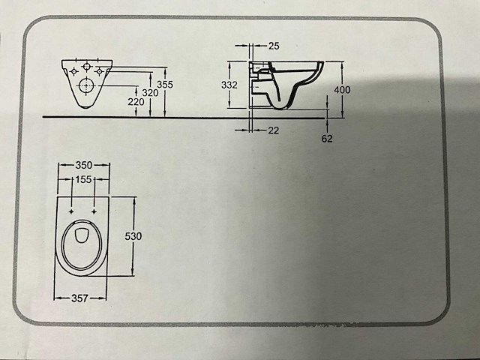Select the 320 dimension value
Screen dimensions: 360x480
(x=150, y=93)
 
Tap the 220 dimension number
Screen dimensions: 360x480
(x=135, y=102)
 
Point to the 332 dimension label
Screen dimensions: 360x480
(x=229, y=85)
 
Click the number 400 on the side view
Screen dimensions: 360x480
(x=342, y=89)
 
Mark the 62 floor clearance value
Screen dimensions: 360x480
(x=326, y=138)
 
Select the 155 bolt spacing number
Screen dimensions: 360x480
(x=83, y=180)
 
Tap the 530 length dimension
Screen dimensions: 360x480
(x=133, y=236)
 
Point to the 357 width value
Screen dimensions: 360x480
(x=79, y=298)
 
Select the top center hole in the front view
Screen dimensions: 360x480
(x=86, y=64)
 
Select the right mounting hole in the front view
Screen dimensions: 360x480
(x=99, y=71)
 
